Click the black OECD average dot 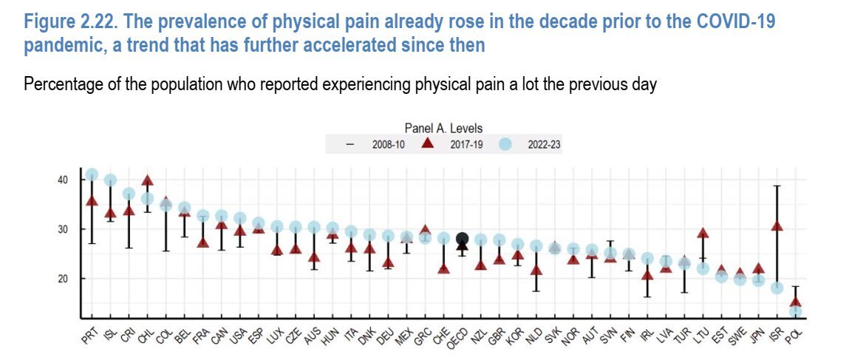coord(463,238)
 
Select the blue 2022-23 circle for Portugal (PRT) coord(92,175)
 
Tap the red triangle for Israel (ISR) coord(777,226)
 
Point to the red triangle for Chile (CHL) coord(147,180)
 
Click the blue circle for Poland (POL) coord(795,312)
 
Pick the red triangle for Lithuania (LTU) coord(703,234)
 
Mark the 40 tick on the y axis coord(63,180)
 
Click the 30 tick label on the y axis coord(63,229)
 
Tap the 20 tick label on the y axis coord(63,279)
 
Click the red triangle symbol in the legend coord(426,145)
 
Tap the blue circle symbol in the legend coord(505,145)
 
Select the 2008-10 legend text coord(387,146)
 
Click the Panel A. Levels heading coord(443,129)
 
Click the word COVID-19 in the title coord(735,21)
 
